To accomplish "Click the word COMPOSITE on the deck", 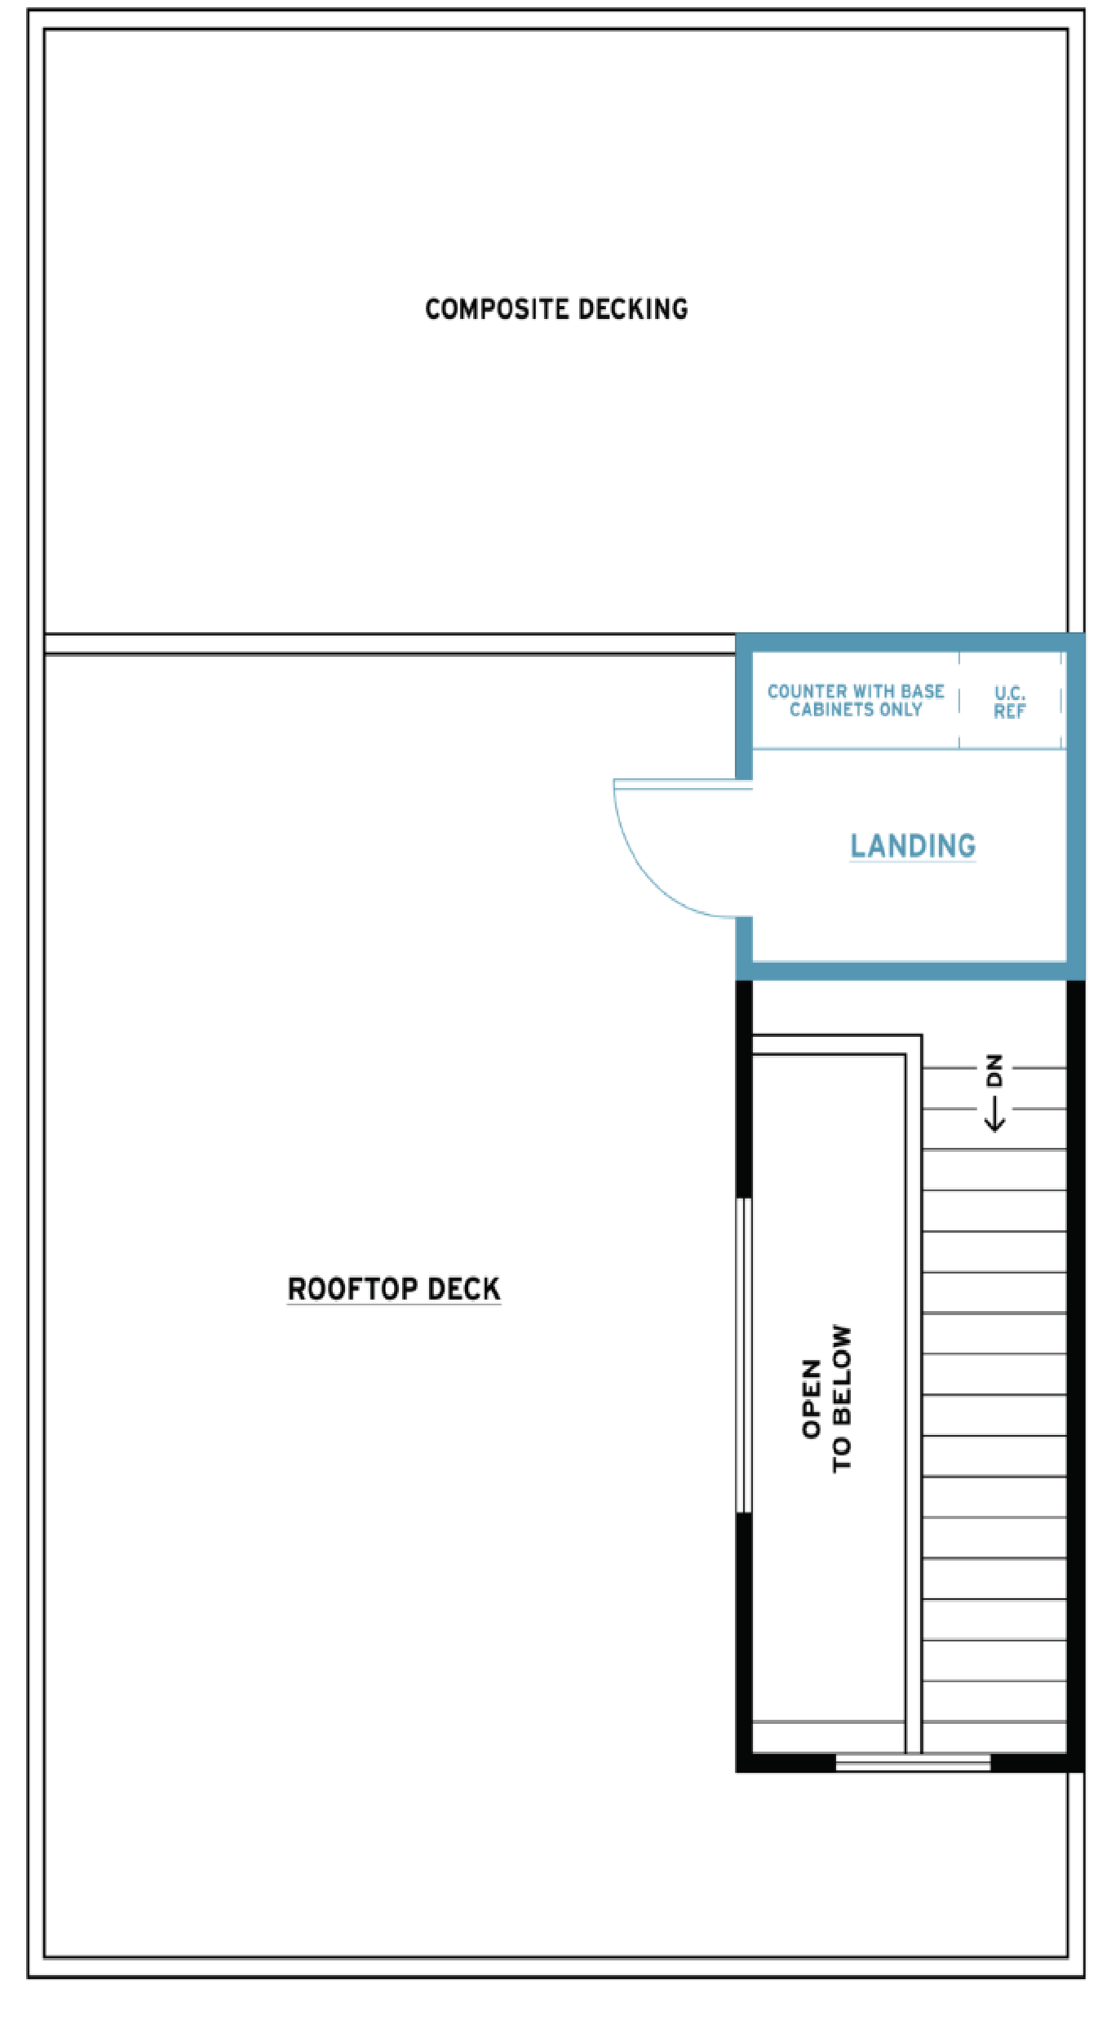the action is point(497,309).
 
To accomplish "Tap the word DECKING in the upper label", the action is point(633,309).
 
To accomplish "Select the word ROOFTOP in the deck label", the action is point(353,1289).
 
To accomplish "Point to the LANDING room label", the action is point(913,846).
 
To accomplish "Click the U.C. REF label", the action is point(1010,702).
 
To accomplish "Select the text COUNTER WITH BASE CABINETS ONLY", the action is point(856,700).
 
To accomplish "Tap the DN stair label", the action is point(994,1070).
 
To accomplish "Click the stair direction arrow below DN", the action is point(994,1114).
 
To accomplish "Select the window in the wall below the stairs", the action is point(913,1763).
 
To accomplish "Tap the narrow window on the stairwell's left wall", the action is point(744,1355).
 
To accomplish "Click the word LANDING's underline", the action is point(913,861).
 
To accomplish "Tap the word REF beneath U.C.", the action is point(1010,711).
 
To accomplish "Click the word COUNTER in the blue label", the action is point(808,691).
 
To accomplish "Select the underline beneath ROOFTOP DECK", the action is point(394,1305).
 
